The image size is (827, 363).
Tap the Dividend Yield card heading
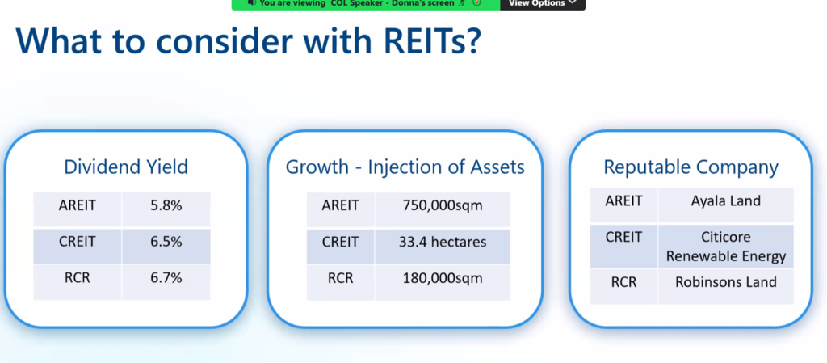tap(126, 167)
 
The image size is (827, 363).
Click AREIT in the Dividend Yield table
tap(78, 205)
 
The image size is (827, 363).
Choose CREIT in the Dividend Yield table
tap(78, 242)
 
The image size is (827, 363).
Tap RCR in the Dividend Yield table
tap(78, 277)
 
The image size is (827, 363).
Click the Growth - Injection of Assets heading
tap(405, 167)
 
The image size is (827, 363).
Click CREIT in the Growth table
tap(340, 242)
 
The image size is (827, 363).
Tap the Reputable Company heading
tap(691, 167)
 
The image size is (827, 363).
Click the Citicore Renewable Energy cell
tap(726, 247)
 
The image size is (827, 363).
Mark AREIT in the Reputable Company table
tap(624, 201)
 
